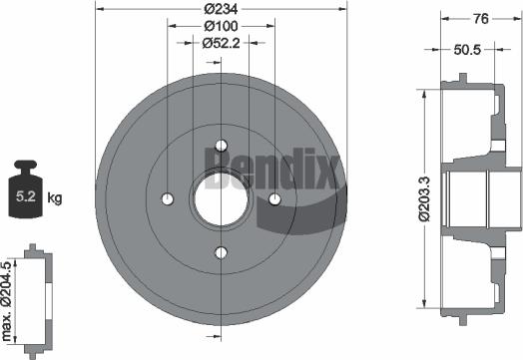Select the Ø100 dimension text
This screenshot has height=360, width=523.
pyautogui.click(x=221, y=25)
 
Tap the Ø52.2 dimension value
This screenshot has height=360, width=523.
pyautogui.click(x=221, y=42)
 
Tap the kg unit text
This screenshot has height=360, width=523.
pyautogui.click(x=55, y=198)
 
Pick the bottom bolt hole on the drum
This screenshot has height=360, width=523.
pyautogui.click(x=221, y=251)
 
